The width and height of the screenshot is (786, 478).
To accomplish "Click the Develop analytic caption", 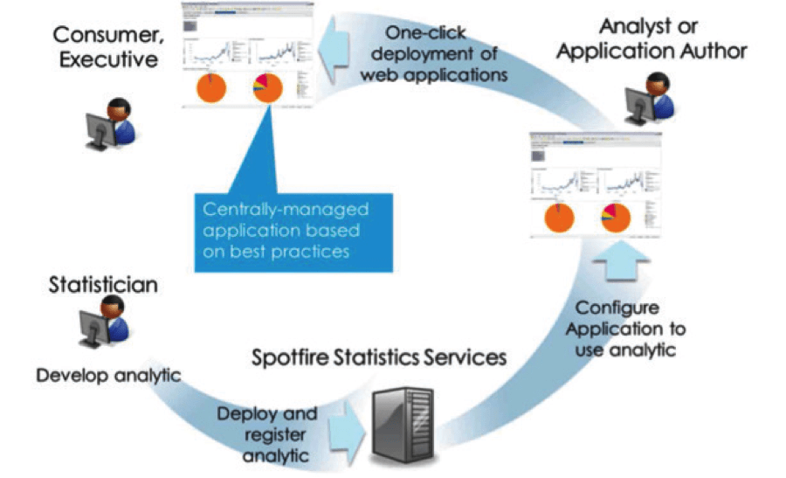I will (x=108, y=376).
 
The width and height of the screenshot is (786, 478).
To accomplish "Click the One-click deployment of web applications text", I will (x=446, y=54).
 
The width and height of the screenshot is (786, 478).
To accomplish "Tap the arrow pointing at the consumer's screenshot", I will (x=335, y=54).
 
